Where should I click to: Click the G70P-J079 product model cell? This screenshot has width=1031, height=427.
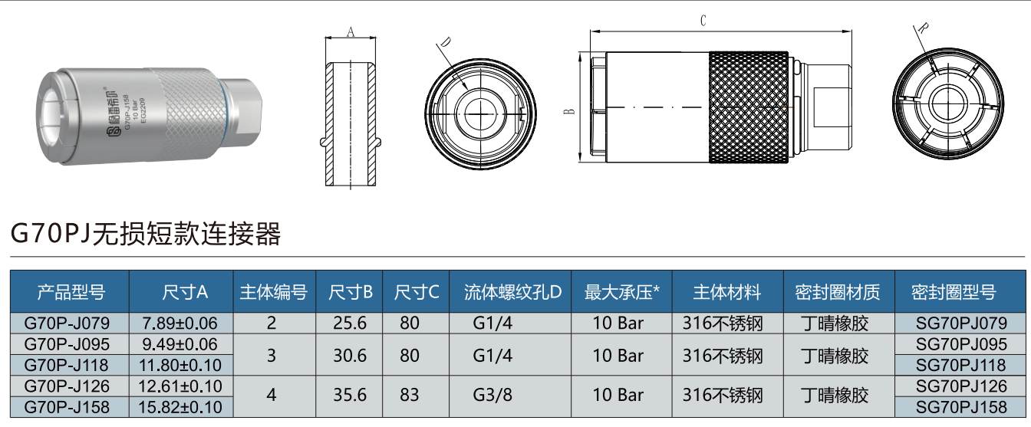(68, 323)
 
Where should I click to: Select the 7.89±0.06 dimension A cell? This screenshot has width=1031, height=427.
(180, 323)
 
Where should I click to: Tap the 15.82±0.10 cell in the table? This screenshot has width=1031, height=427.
(180, 406)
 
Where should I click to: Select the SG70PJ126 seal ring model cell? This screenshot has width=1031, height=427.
(961, 385)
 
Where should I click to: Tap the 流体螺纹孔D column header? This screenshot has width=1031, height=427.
(512, 292)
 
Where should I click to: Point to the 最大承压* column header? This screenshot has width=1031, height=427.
(622, 292)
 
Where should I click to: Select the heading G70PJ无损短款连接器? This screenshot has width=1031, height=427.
(146, 233)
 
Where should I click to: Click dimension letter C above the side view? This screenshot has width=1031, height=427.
(703, 21)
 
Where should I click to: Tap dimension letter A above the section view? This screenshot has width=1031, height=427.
(351, 31)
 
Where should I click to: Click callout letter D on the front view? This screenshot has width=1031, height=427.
(446, 42)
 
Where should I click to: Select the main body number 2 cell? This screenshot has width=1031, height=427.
(271, 323)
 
